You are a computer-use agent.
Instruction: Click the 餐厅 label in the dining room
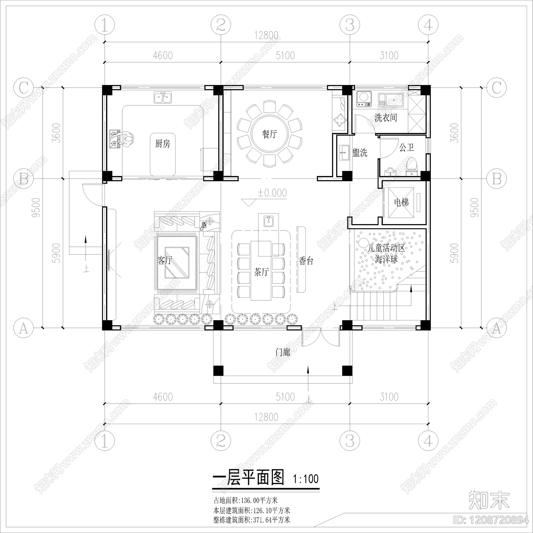269,135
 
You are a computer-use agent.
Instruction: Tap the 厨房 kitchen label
163,144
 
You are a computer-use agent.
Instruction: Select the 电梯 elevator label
401,202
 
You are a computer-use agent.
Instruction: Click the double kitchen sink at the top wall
163,98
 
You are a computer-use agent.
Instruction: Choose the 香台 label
306,261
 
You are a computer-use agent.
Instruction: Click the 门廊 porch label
283,352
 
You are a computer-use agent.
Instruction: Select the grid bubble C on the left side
23,89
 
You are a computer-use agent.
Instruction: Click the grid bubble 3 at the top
349,25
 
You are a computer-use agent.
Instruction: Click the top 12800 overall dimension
266,36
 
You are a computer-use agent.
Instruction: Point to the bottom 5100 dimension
285,397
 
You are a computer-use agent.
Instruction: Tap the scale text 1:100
306,479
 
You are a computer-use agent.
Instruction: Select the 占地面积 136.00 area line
246,500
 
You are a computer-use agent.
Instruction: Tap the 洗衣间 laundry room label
386,118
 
